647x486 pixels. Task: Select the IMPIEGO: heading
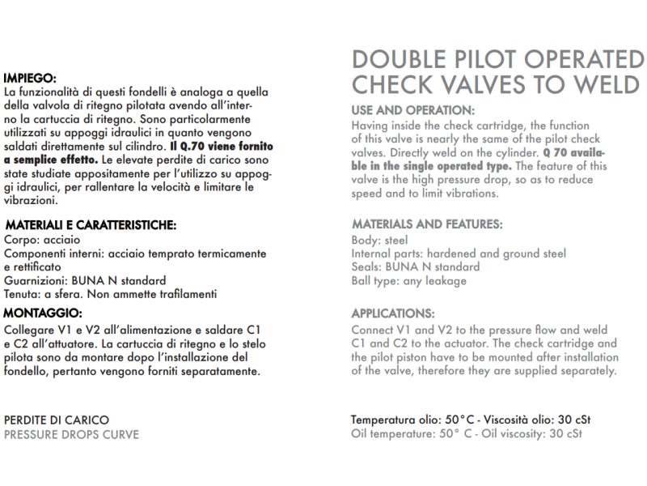[x=29, y=79]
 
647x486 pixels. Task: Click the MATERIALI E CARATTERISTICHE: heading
[x=91, y=224]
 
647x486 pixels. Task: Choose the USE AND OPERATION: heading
[x=413, y=110]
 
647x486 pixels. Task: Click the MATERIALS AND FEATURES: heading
[x=427, y=224]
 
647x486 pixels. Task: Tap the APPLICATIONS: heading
[x=393, y=313]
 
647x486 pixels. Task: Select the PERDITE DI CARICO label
[x=57, y=420]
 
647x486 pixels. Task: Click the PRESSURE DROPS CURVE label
[x=71, y=434]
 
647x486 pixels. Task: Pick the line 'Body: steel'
[x=380, y=240]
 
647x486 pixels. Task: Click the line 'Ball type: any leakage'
[x=408, y=281]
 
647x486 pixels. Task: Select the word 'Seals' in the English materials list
[x=366, y=267]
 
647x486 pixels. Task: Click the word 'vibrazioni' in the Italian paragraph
[x=30, y=200]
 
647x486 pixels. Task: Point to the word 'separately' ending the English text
[x=588, y=371]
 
